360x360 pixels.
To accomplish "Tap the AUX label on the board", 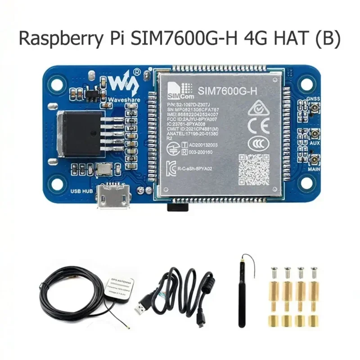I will coord(313,142).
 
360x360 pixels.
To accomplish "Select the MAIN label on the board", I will coord(314,170).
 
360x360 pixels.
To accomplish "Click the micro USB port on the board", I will coord(112,197).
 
